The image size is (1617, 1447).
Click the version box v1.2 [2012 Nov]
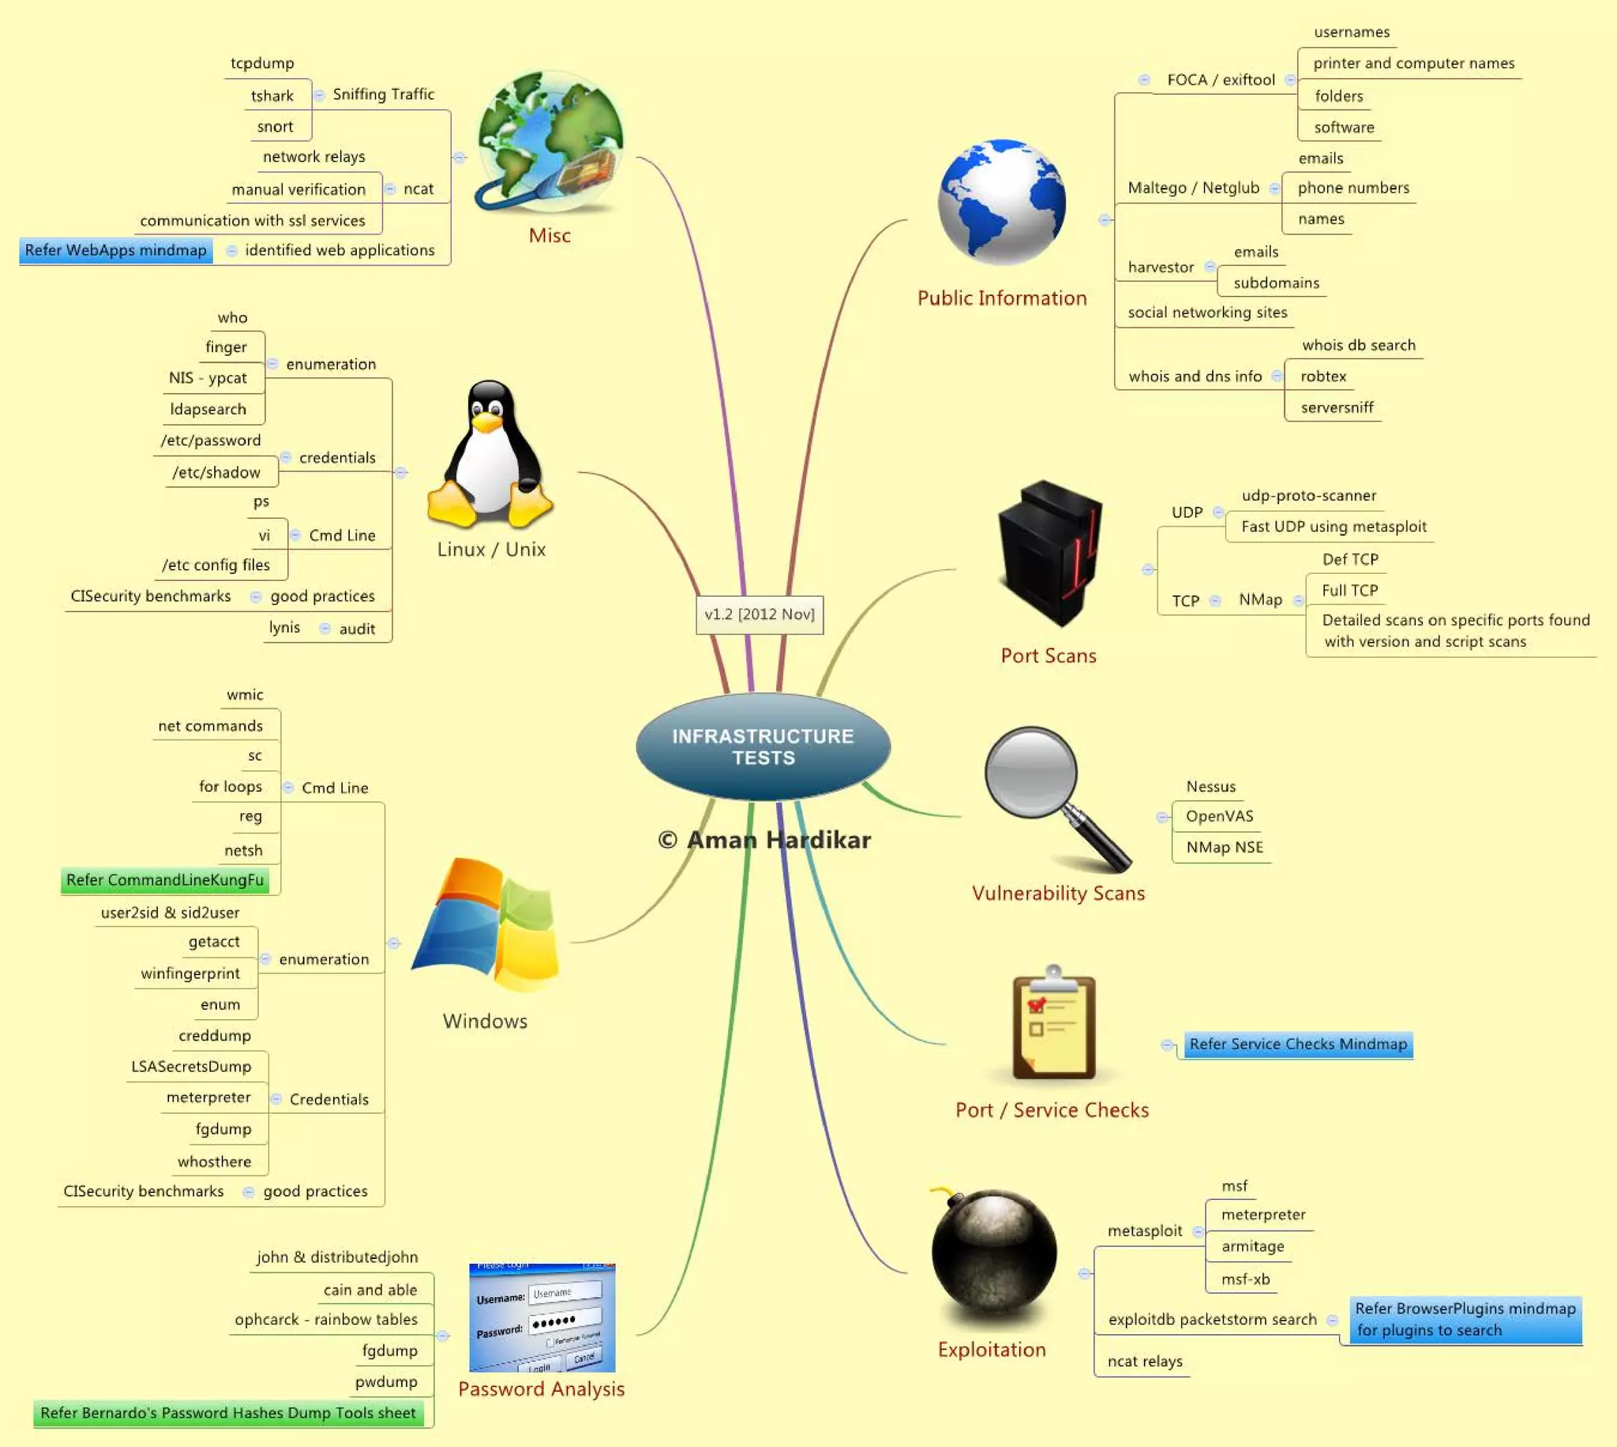coord(760,615)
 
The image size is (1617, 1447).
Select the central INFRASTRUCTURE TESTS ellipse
coord(763,747)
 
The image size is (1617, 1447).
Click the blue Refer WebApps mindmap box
coord(116,250)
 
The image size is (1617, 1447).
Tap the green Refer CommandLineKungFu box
coord(164,880)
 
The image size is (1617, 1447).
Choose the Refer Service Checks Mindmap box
coord(1297,1044)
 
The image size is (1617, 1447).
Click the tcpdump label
coord(262,64)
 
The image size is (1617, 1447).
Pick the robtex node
coord(1322,377)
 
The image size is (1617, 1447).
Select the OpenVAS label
coord(1219,816)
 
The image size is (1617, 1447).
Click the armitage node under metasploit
coord(1252,1246)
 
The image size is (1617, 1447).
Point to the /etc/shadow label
coord(216,473)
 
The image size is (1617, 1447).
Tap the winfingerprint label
coord(190,974)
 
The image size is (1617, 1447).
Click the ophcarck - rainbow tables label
coord(326,1320)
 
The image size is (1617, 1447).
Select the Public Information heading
coord(1002,298)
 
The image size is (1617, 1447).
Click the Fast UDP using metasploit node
coord(1334,527)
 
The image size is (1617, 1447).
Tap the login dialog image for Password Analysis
coord(542,1318)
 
